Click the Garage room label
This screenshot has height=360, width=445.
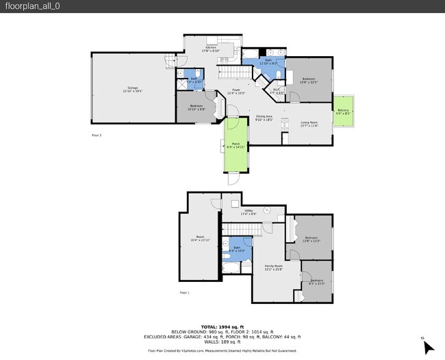133,89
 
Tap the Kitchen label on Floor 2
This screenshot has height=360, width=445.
210,49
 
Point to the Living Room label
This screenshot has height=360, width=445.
309,124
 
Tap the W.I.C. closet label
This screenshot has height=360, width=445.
277,91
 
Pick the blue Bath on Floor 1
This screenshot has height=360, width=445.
237,249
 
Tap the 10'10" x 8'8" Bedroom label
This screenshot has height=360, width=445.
196,107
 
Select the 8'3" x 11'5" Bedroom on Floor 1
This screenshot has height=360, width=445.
316,281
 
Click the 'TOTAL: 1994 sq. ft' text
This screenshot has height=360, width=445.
222,326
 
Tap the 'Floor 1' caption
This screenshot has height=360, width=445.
184,292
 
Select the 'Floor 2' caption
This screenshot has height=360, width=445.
97,136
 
